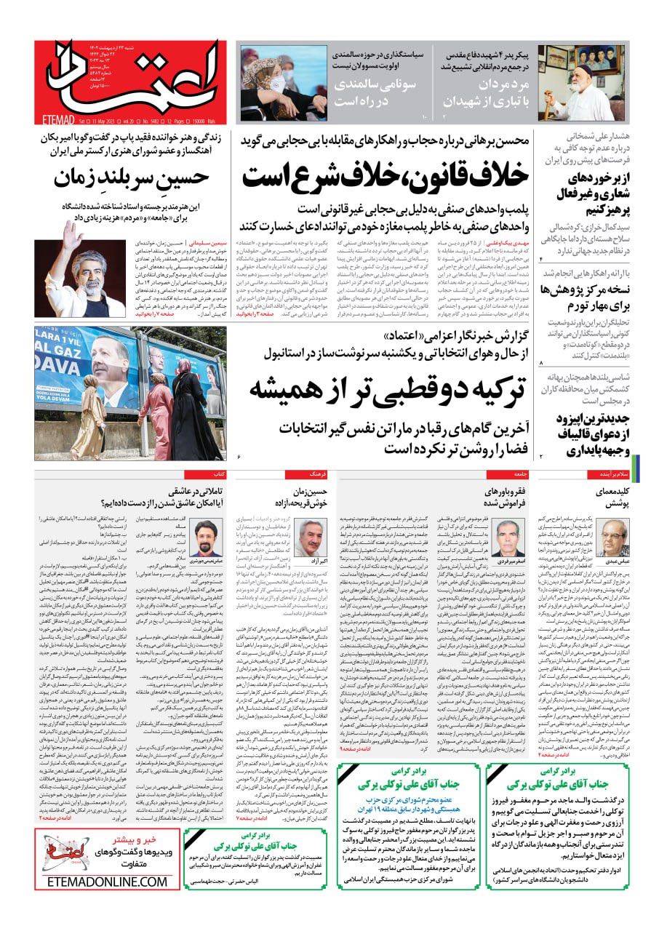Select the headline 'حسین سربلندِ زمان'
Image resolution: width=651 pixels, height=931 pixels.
point(132,177)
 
